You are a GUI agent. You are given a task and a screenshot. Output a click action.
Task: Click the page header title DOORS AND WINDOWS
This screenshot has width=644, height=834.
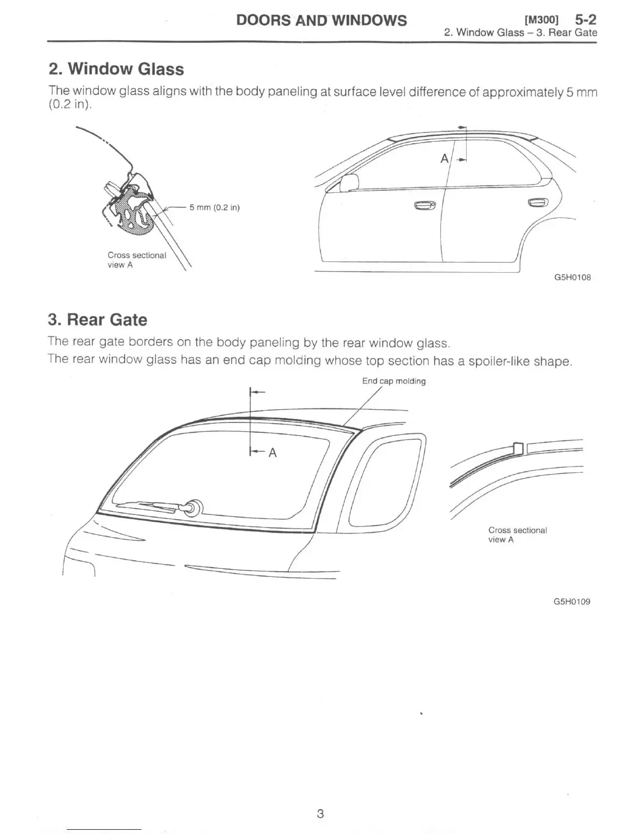tap(321, 20)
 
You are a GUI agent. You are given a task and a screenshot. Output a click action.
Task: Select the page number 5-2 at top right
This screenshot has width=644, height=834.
tap(585, 20)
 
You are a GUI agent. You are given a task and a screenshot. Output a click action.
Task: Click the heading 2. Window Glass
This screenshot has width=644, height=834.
tap(116, 69)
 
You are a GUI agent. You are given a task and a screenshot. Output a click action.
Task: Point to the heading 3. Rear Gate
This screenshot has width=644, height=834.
tap(97, 320)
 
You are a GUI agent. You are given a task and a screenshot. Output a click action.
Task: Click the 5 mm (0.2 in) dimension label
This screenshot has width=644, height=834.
tap(215, 207)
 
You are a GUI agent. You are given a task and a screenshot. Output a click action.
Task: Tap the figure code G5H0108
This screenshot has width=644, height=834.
tap(572, 277)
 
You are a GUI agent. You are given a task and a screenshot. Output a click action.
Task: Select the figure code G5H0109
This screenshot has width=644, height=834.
tap(572, 601)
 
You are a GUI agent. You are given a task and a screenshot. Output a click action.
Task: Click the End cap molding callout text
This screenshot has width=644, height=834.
tap(394, 381)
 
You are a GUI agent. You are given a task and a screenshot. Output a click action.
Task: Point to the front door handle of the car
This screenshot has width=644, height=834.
tap(425, 205)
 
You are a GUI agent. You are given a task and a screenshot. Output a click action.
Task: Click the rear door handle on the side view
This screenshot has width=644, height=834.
tap(537, 202)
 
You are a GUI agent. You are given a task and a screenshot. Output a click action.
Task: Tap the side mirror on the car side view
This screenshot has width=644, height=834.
tap(349, 183)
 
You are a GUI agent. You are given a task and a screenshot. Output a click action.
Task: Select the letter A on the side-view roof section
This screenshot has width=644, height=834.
tap(445, 158)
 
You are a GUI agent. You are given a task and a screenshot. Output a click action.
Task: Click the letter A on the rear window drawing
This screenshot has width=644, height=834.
tap(273, 452)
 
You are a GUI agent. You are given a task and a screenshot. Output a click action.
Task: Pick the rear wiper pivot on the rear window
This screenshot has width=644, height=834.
tap(194, 507)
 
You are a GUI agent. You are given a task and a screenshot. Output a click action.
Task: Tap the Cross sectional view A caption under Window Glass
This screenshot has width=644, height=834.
tap(136, 260)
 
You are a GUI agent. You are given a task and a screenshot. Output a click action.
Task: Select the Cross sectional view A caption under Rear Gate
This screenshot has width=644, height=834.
tap(517, 534)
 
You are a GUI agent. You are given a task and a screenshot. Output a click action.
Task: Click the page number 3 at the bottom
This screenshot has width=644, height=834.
tap(320, 813)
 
